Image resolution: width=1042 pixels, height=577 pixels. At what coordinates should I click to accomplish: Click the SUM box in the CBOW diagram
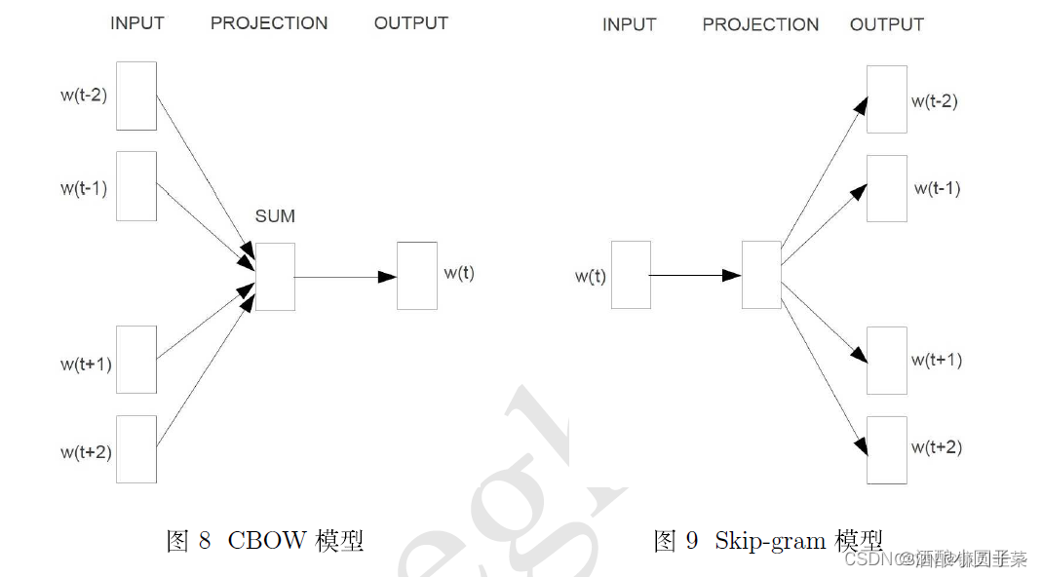pos(275,277)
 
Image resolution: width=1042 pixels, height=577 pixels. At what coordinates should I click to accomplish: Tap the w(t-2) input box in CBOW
pos(136,96)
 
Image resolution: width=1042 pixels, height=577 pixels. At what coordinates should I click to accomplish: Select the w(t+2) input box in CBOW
pos(136,448)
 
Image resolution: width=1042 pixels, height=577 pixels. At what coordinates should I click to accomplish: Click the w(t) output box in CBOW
pos(417,276)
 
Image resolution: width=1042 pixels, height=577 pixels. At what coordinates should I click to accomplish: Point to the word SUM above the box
pos(275,216)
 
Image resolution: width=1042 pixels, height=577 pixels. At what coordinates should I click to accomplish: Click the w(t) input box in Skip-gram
pos(631,275)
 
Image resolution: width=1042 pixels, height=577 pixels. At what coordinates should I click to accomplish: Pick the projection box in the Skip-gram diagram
pos(761,275)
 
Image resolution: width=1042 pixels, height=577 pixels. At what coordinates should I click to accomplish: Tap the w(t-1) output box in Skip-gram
pos(887,188)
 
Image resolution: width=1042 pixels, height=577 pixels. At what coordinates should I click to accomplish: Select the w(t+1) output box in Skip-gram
pos(887,361)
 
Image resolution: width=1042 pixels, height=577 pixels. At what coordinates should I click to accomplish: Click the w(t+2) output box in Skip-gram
pos(887,449)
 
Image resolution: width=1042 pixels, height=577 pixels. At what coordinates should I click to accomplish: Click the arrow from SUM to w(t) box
pos(345,277)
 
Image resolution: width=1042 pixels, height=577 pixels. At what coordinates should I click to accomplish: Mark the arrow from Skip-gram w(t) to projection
pos(695,276)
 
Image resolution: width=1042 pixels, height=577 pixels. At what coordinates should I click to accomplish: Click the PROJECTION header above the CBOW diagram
pos(269,23)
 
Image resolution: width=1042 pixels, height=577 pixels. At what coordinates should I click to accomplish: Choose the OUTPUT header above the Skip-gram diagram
pos(887,24)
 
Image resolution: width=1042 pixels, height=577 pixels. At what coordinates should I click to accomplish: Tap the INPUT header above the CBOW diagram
pos(137,23)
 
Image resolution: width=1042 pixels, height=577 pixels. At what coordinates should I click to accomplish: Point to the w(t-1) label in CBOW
pos(84,188)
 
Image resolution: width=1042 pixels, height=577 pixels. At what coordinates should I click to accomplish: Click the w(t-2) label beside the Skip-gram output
pos(935,101)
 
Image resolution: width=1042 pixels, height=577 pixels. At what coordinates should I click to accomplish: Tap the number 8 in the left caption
pos(204,541)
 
